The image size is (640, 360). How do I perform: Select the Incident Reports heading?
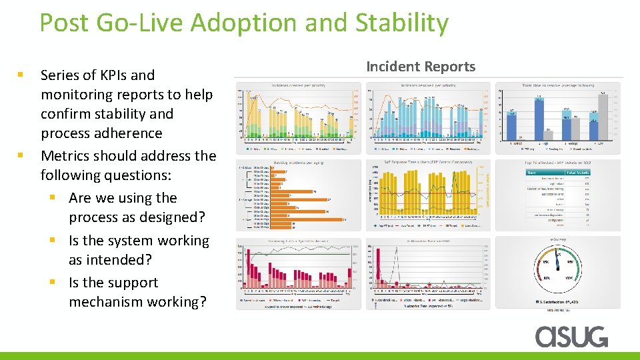421,66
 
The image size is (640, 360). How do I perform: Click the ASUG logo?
571,336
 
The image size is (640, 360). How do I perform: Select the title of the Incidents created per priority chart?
298,85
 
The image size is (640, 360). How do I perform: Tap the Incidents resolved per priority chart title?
427,85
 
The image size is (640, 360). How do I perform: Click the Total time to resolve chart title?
559,85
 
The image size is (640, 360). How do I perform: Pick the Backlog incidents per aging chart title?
298,162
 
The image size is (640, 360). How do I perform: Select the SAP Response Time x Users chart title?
427,162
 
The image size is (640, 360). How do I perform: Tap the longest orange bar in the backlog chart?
314,219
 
